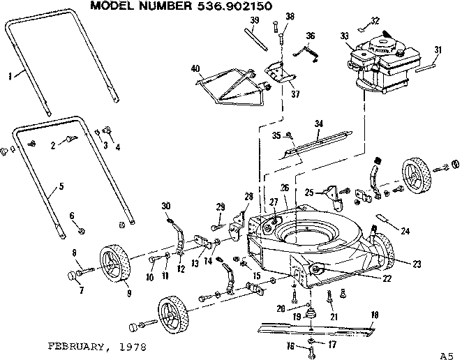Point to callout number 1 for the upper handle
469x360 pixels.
pos(9,76)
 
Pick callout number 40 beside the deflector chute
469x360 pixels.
pos(195,68)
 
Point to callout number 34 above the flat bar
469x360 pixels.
pos(318,123)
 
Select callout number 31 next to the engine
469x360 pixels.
pos(438,49)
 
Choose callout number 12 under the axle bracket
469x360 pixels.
pos(181,269)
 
